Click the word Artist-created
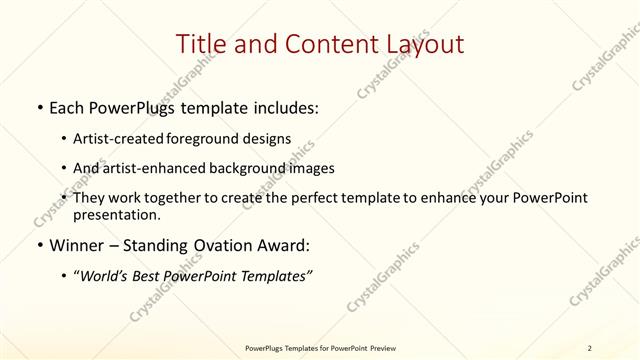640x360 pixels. coord(126,139)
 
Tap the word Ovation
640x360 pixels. coord(220,246)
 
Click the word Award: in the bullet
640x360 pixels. coord(283,246)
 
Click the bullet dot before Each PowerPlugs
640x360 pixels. coord(38,107)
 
